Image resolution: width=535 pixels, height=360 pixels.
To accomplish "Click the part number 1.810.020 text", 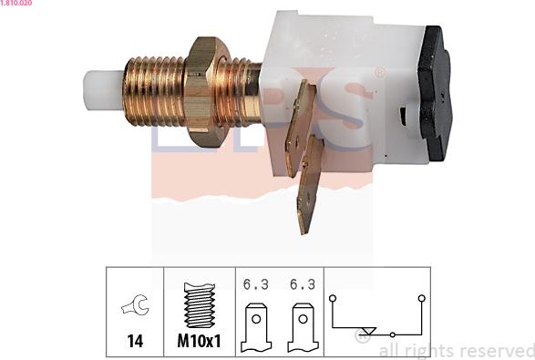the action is click(x=16, y=3).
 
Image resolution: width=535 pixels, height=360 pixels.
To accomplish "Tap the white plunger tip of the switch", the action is click(x=103, y=90).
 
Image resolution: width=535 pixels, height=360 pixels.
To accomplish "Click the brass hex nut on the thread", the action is click(x=204, y=92).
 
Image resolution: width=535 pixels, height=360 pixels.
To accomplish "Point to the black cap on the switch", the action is click(x=435, y=93).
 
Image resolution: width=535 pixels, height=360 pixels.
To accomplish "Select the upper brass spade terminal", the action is click(x=300, y=129).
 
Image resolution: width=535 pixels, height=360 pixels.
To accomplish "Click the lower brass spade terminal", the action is click(x=310, y=184).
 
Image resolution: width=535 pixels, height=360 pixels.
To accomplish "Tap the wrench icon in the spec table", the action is click(x=135, y=304).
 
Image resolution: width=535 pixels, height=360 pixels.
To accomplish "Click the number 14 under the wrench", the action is click(x=135, y=341).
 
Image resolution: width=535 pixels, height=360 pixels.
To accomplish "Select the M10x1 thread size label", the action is click(x=200, y=341).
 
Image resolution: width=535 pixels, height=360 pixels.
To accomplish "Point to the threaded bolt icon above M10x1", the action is click(x=200, y=305).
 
